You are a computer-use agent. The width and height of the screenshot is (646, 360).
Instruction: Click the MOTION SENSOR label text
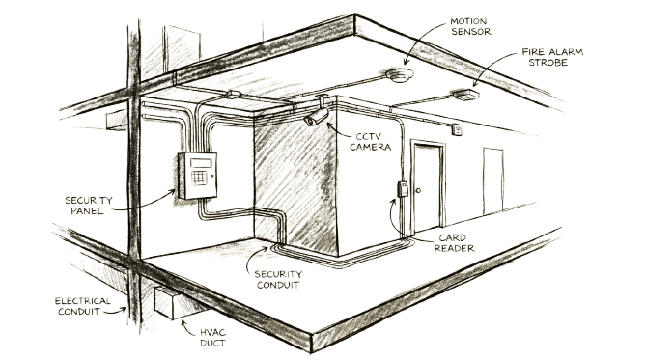coord(470,26)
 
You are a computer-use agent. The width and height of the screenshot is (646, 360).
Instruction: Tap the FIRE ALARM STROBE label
coord(552,57)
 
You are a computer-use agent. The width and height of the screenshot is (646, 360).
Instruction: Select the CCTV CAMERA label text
coord(370,142)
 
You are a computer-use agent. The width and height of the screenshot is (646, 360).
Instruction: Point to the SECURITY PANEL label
coord(88,206)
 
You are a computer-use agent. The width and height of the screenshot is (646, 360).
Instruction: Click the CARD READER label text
coord(454,243)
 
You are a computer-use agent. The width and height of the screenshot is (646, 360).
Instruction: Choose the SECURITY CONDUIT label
coord(278,279)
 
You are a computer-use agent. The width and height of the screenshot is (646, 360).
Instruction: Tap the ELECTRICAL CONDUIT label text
coord(82,306)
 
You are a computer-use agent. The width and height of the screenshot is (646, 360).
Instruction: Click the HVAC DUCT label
coord(212,338)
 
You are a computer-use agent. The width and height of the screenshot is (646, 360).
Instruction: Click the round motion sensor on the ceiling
coord(400,75)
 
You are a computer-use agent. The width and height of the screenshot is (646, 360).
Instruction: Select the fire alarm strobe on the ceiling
coord(466,96)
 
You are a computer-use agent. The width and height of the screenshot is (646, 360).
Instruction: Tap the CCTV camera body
coord(316,117)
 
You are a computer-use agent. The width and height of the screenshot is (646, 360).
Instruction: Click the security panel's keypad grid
coord(199,178)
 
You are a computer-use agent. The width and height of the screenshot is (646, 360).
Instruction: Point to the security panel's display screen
coord(200,163)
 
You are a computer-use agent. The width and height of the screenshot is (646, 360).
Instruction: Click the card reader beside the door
coord(403,189)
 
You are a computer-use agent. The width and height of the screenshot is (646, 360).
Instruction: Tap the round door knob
coord(418,190)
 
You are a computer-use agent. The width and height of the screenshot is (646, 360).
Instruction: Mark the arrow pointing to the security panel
coord(145,205)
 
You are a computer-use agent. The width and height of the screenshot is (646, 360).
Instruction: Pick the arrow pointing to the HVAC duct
coord(187,328)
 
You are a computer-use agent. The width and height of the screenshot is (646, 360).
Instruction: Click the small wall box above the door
coord(457,130)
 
